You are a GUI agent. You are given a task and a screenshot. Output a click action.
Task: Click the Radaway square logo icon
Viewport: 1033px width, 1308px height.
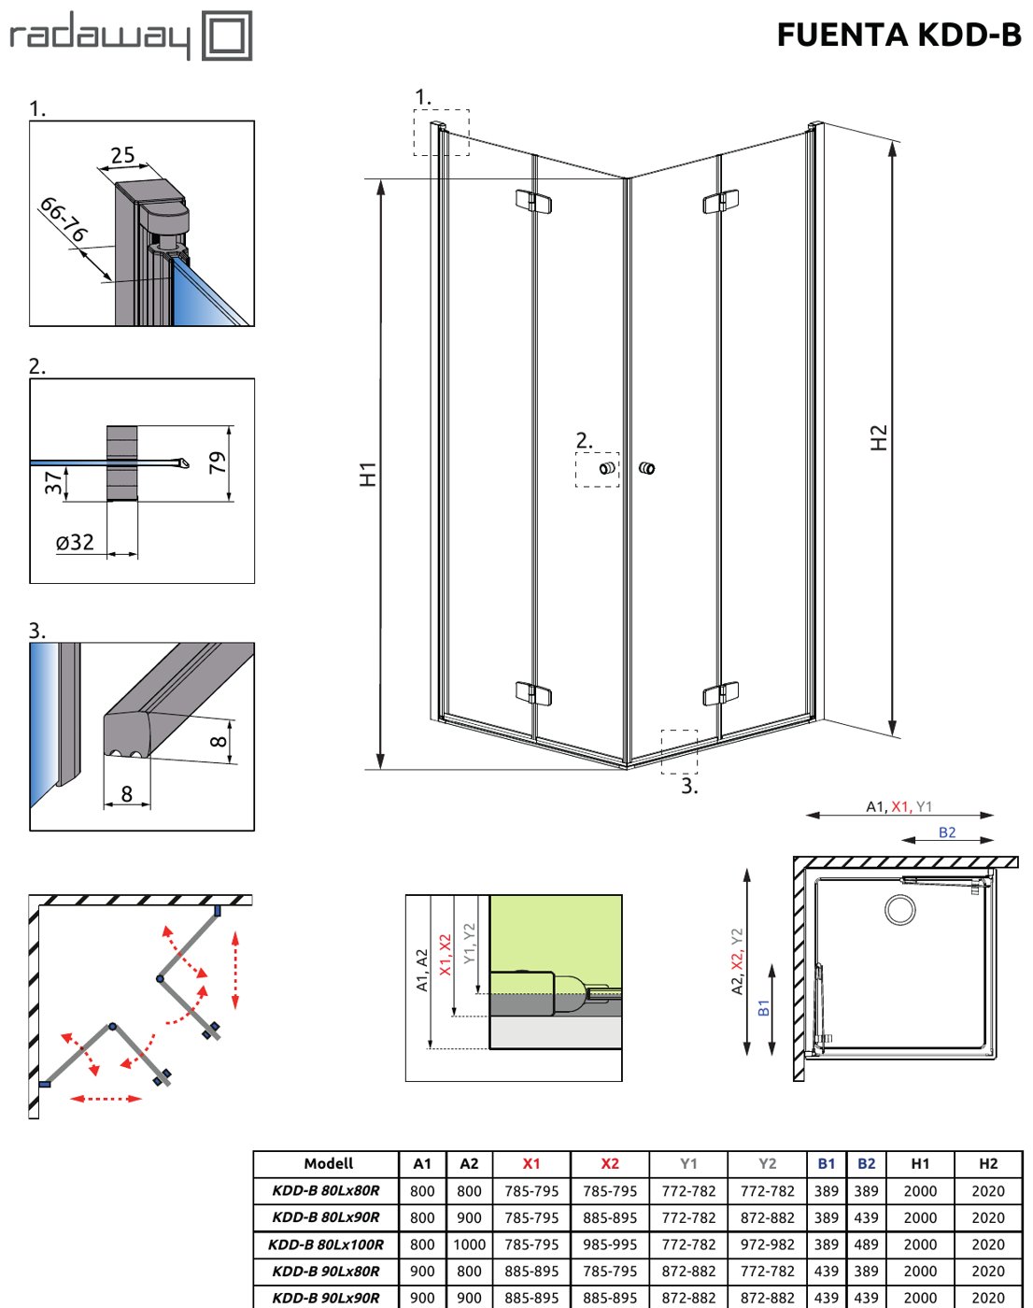pos(227,36)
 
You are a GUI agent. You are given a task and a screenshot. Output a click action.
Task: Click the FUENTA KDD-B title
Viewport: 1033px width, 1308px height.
pos(899,35)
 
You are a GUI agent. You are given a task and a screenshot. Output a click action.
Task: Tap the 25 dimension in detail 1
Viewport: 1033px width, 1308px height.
pos(122,155)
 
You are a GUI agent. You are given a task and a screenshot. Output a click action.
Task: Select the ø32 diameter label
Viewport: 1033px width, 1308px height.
pos(75,542)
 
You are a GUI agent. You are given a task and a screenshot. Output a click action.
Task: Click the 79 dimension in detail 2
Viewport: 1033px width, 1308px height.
pos(218,462)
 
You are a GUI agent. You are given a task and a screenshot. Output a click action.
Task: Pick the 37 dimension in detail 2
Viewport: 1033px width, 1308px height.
pos(53,482)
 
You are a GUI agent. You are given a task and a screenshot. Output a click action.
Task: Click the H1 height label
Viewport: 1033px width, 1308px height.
pos(368,474)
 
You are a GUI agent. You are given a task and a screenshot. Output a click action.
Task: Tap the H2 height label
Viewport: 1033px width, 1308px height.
pos(879,437)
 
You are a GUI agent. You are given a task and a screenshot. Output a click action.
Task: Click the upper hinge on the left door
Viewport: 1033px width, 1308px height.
pos(533,201)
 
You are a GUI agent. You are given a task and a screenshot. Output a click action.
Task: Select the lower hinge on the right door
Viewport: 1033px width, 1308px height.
pos(721,694)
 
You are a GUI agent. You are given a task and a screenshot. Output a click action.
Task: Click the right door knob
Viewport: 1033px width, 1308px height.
pos(646,468)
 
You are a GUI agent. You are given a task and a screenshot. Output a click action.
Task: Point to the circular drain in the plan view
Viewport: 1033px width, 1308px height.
pos(900,910)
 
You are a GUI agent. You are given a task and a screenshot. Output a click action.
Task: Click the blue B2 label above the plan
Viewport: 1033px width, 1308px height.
pos(947,832)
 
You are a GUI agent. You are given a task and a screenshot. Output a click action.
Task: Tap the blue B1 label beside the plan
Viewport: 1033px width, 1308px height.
pos(764,1008)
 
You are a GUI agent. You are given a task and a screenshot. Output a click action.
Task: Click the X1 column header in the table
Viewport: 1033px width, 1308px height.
pos(531,1163)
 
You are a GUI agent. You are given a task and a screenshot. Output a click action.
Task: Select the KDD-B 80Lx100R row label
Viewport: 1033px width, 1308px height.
pos(326,1244)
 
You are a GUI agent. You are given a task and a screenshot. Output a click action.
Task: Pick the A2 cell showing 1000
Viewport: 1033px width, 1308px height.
pos(469,1244)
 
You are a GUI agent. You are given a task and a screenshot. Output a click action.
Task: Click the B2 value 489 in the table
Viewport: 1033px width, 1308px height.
pos(866,1244)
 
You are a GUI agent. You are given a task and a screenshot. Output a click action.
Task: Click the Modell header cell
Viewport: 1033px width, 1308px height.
pos(328,1163)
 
